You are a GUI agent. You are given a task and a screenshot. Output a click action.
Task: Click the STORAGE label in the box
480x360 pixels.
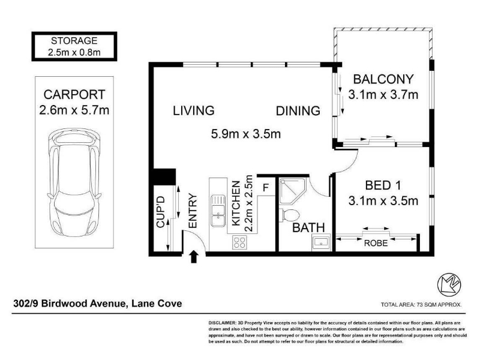[74, 40]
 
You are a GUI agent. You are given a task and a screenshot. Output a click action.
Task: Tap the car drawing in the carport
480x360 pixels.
[74, 182]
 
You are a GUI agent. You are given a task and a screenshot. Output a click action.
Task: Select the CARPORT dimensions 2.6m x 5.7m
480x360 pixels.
[74, 110]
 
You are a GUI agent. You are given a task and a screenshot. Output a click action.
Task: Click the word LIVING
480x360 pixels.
[193, 110]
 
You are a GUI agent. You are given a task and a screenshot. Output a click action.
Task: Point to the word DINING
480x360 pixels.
[298, 110]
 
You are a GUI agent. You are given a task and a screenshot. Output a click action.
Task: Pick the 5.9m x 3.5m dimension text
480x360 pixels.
[246, 134]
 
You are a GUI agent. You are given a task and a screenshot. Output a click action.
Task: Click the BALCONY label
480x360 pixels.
[383, 79]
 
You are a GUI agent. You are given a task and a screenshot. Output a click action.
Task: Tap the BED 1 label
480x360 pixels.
[383, 185]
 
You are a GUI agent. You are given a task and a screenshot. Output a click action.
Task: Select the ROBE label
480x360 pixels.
[376, 243]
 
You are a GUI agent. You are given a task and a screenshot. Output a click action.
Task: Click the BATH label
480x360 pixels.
[308, 228]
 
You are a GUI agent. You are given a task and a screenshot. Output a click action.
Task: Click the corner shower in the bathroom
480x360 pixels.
[293, 191]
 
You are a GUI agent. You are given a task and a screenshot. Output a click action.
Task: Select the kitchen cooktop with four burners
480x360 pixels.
[239, 242]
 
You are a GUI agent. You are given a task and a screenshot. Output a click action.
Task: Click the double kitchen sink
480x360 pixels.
[217, 211]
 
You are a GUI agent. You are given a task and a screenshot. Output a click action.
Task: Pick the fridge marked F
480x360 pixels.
[266, 187]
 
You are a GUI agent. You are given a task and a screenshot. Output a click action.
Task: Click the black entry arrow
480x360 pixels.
[193, 257]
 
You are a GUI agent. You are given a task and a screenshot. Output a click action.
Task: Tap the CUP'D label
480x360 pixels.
[160, 212]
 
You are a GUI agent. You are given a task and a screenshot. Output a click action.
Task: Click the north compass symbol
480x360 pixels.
[449, 283]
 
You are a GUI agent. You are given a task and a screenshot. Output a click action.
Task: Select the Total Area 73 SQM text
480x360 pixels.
[421, 305]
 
